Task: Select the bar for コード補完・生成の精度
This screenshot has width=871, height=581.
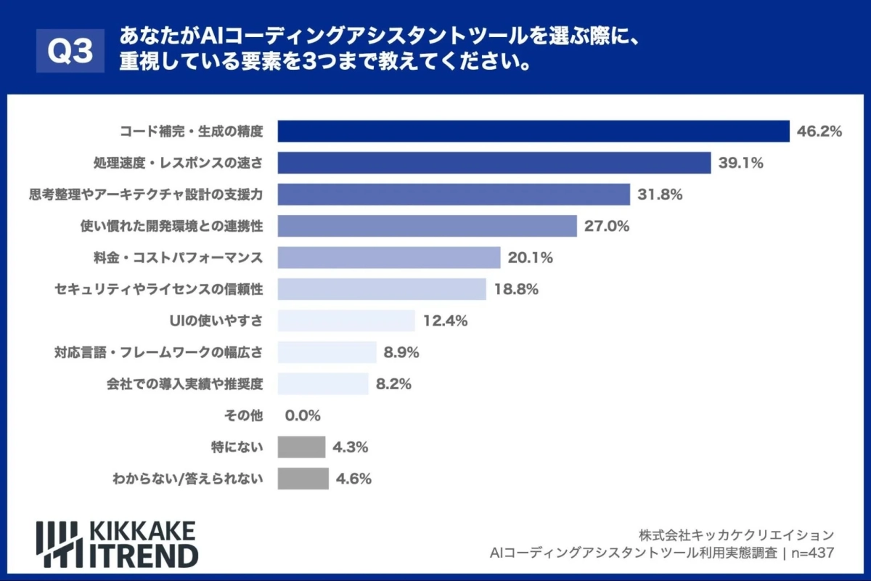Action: (533, 131)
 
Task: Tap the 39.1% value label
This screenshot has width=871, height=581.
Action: (740, 163)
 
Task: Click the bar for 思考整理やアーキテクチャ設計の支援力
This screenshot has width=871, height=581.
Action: (454, 195)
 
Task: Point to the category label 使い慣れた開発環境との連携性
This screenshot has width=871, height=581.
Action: (171, 226)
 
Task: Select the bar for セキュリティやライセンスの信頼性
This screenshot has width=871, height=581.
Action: (382, 289)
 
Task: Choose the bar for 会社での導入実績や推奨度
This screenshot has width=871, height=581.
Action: (323, 383)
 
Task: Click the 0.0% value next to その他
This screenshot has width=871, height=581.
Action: (303, 415)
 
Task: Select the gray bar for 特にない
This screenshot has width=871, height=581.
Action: (301, 447)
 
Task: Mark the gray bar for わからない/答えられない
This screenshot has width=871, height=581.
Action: (303, 479)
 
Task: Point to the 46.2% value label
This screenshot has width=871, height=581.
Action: (819, 131)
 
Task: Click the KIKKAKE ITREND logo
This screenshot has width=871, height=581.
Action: (117, 543)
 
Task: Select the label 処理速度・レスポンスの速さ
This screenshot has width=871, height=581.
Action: (178, 163)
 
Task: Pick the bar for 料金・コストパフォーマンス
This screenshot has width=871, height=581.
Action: (389, 258)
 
